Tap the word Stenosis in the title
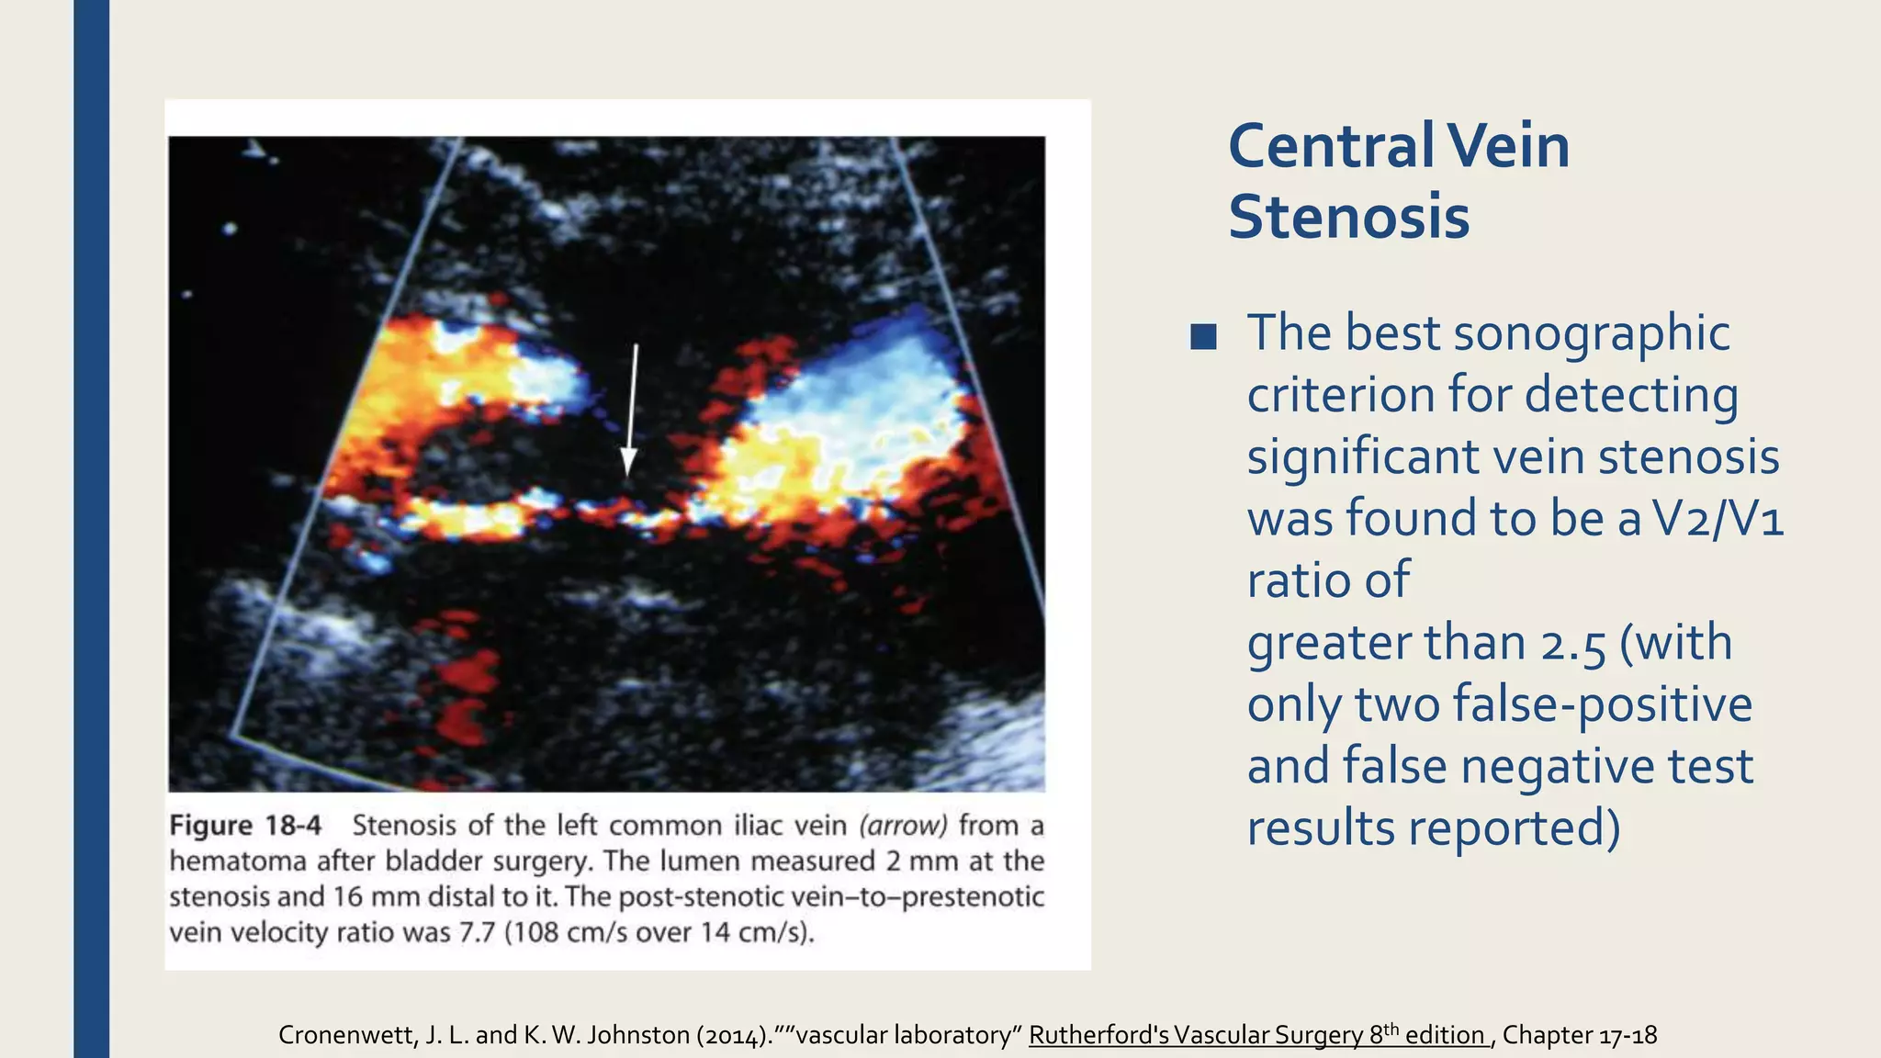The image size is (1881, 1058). click(1348, 218)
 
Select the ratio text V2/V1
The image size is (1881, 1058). click(1718, 519)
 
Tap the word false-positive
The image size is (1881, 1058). click(1603, 705)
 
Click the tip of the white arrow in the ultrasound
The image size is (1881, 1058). click(628, 474)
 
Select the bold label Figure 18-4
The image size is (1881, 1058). click(245, 826)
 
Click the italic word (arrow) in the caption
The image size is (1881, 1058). click(903, 826)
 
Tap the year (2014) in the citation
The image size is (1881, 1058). click(733, 1035)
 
